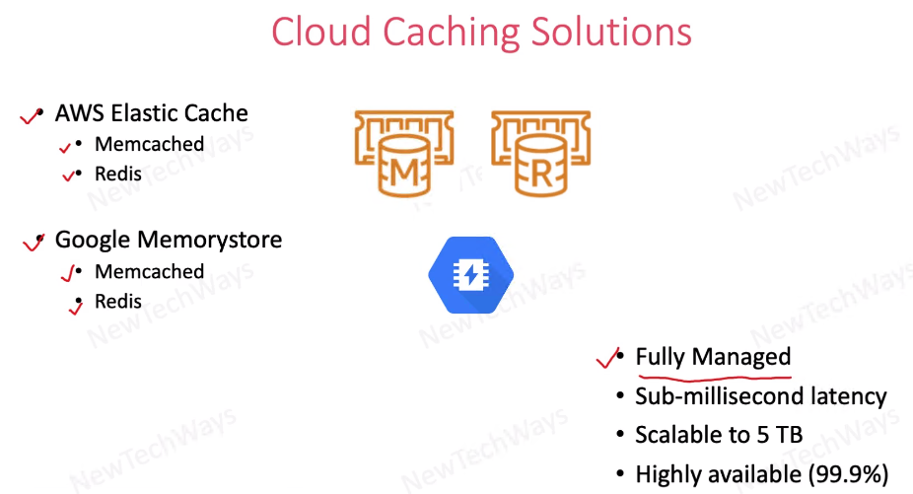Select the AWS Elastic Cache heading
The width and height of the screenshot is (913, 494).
[x=151, y=113]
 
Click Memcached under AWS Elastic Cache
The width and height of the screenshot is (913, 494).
[x=149, y=144]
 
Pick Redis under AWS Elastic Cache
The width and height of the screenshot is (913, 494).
[x=118, y=174]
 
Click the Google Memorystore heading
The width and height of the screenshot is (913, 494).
[x=168, y=240]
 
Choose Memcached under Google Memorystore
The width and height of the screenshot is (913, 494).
[x=149, y=271]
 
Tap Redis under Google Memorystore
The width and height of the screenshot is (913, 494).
[x=118, y=301]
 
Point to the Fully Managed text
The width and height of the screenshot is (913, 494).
[x=713, y=357]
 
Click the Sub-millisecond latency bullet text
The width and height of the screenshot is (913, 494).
[x=760, y=396]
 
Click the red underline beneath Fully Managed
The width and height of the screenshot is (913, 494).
[x=713, y=376]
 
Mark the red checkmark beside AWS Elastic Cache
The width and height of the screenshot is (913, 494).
[x=31, y=117]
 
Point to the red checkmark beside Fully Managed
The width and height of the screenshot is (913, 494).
[x=607, y=358]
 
